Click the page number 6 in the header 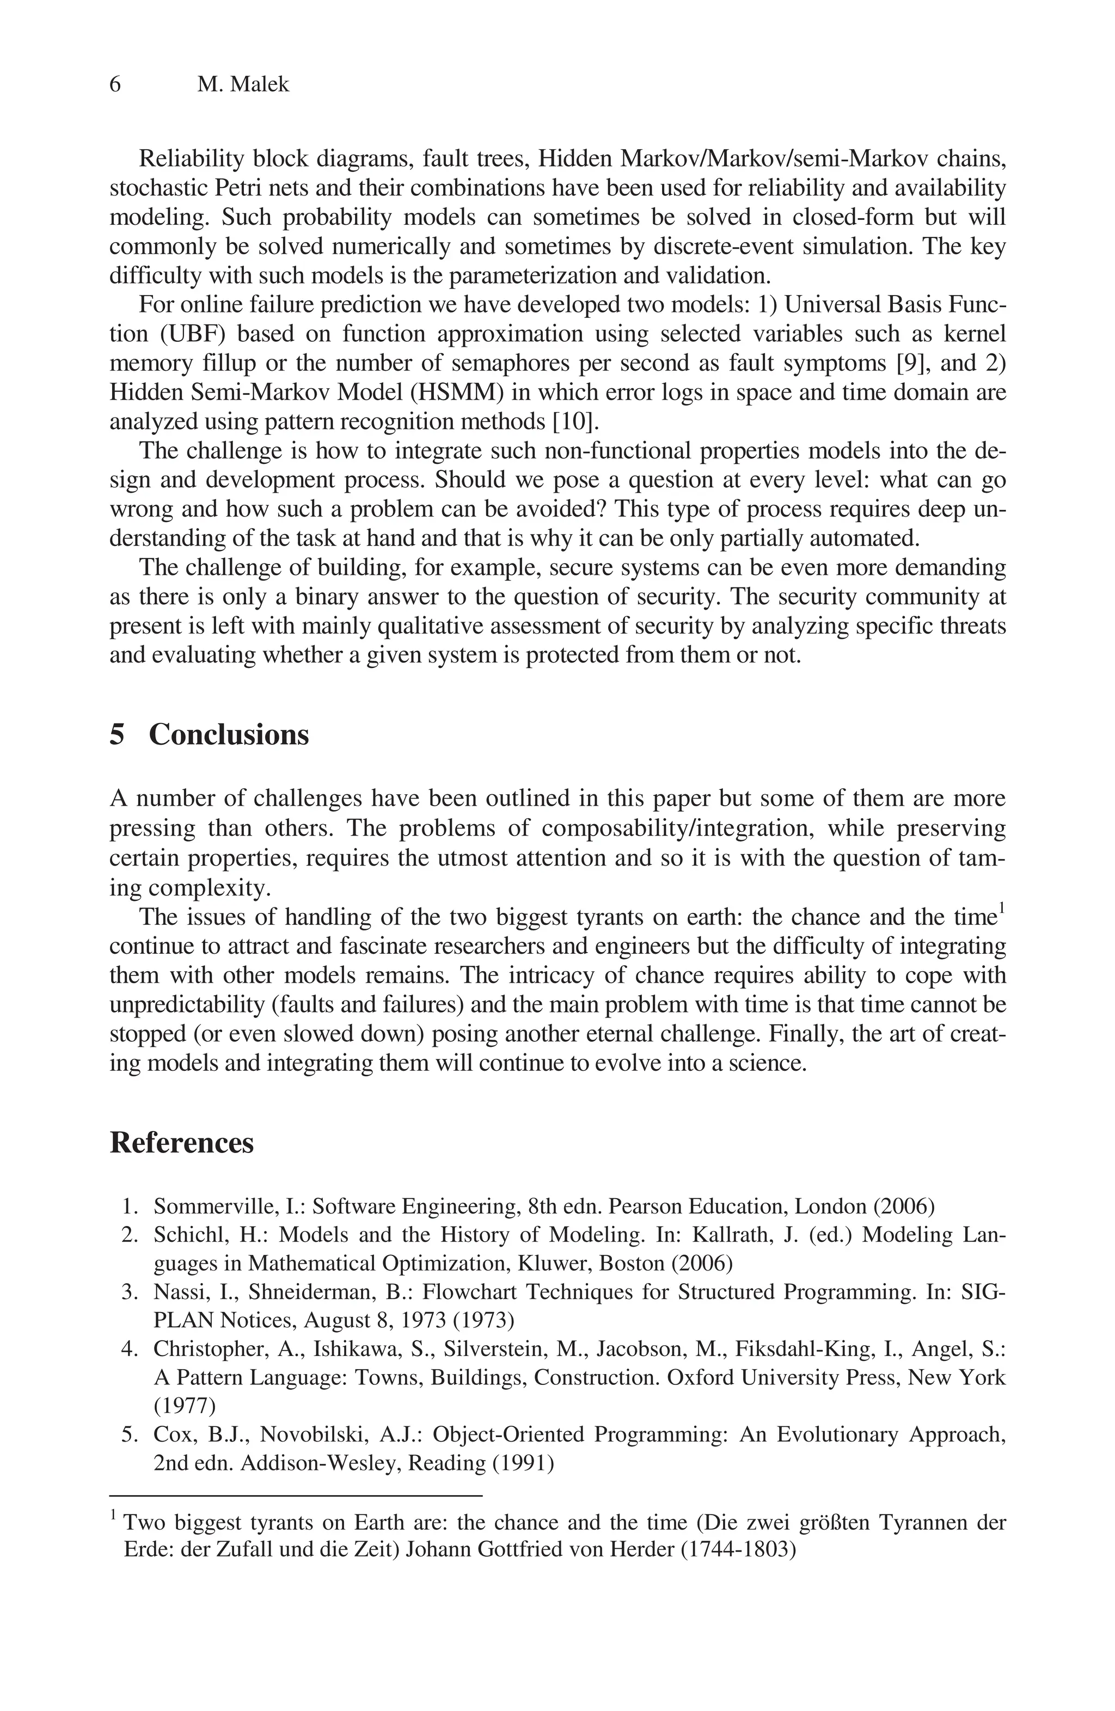coord(115,85)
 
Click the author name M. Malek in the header coord(243,85)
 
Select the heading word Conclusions coord(229,735)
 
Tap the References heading coord(181,1143)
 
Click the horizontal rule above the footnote coord(295,1495)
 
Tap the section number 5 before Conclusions coord(117,735)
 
